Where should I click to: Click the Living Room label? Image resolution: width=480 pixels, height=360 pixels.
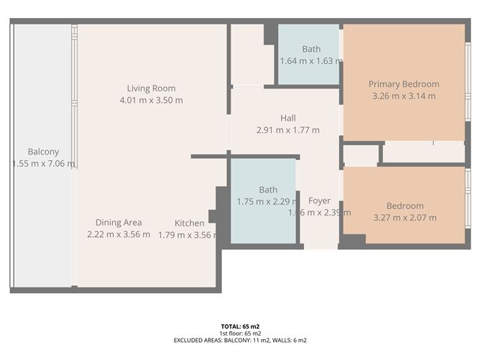point(151,88)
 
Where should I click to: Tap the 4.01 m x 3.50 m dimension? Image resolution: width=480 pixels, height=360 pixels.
point(151,101)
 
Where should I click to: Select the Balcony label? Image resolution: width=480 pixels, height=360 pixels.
point(43,152)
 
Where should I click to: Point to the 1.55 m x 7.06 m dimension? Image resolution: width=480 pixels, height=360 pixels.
point(43,164)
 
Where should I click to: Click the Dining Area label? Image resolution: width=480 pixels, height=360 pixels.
point(119,222)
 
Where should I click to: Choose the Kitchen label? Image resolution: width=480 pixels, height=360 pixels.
point(190,223)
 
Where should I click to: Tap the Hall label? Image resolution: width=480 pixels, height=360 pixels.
point(287,118)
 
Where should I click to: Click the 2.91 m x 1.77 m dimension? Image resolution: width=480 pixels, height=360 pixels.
point(287,130)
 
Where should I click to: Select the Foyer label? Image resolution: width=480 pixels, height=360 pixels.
point(319,200)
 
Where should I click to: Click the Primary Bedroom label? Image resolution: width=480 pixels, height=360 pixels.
point(404,84)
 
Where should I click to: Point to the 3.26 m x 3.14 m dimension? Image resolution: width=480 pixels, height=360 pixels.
point(404,96)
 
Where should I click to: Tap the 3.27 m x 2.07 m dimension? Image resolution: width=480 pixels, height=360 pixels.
point(405,218)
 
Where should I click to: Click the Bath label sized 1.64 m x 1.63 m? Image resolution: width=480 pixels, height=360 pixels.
point(311,49)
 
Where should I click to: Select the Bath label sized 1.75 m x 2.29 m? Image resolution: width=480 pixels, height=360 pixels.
point(268,190)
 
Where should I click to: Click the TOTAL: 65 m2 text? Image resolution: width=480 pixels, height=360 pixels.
point(240,326)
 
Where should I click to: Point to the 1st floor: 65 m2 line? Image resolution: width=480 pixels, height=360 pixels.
point(240,333)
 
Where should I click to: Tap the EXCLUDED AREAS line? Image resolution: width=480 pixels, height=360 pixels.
point(240,341)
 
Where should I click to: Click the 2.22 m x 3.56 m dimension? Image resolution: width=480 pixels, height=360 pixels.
point(119,234)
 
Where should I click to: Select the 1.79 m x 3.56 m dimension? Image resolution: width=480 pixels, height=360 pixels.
point(187,234)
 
